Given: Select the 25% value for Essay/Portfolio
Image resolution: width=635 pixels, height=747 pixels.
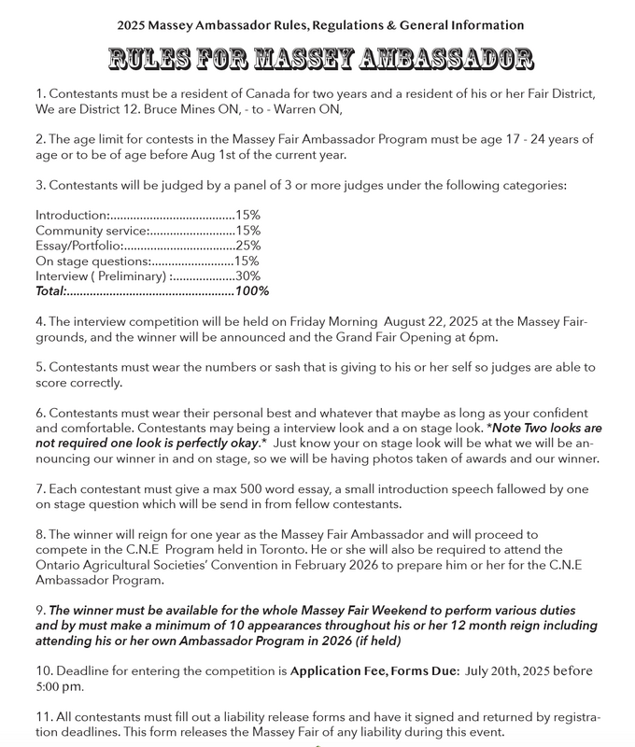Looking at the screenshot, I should click(247, 245).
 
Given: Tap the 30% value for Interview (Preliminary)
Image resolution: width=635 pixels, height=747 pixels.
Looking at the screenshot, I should click(247, 275).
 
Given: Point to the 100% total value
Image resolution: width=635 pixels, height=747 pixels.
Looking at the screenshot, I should click(251, 291).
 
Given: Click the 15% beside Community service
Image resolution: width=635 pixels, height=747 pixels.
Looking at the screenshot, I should click(247, 230).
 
